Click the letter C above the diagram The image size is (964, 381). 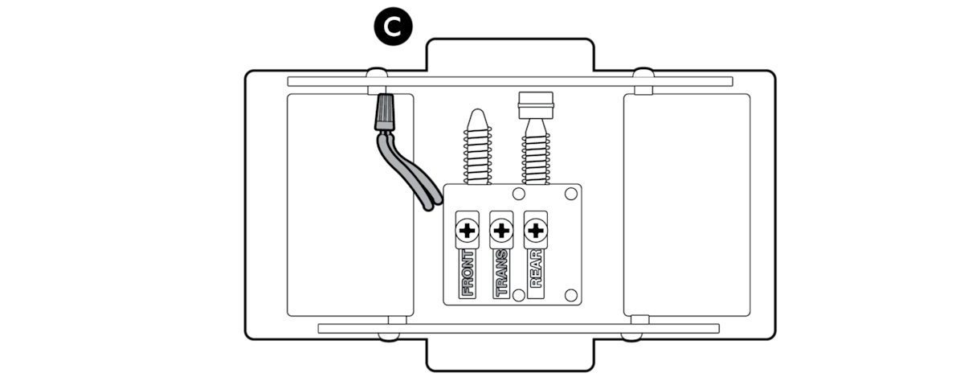[392, 27]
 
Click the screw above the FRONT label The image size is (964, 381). [466, 231]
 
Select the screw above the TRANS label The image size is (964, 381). [500, 231]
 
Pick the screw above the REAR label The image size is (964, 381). [535, 231]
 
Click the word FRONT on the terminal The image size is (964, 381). [466, 273]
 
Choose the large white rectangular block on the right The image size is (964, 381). [687, 205]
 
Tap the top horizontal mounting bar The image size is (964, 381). [510, 81]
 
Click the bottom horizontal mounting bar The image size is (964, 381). [518, 328]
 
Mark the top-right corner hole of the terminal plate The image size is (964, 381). [571, 194]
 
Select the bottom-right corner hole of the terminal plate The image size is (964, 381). [571, 294]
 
